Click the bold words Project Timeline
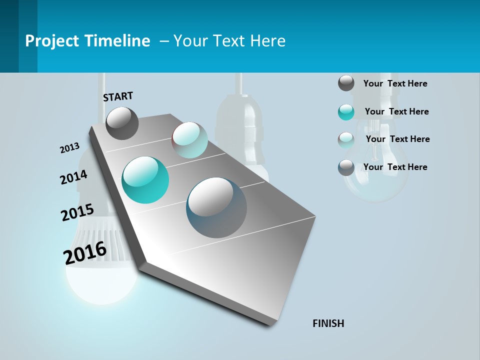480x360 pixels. [x=87, y=41]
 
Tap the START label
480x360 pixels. [x=118, y=96]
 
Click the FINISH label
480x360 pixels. [x=328, y=323]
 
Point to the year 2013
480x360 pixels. [x=70, y=148]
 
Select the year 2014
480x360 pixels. [x=73, y=177]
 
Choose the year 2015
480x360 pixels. [x=77, y=212]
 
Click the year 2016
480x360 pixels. [x=85, y=253]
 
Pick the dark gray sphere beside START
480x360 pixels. [x=122, y=123]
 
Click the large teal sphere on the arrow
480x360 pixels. [x=145, y=180]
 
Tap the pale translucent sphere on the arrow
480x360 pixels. [x=190, y=140]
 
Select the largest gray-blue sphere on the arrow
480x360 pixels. [x=216, y=207]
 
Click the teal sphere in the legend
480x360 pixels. [x=346, y=112]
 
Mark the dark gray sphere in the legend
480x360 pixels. [x=346, y=83]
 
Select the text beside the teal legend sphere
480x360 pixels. [x=396, y=111]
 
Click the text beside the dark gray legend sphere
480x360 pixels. [x=395, y=83]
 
